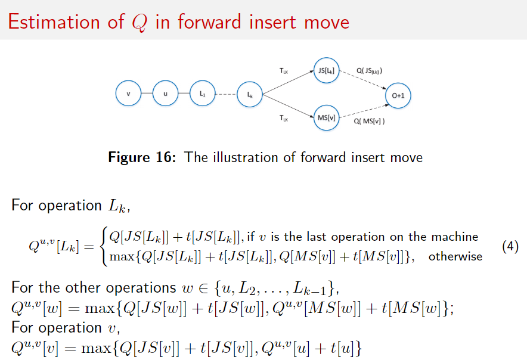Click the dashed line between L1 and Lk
tap(226, 94)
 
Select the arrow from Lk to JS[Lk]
tap(288, 83)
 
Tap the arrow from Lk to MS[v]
tap(288, 106)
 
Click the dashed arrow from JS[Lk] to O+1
tap(363, 80)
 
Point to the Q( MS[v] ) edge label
tap(369, 121)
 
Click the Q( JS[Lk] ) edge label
tap(369, 70)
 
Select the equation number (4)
tap(510, 247)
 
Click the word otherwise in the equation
tap(455, 256)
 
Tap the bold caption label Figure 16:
tap(142, 157)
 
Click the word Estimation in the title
tap(54, 22)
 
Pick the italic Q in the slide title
tap(139, 23)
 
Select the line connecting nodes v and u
tap(147, 93)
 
